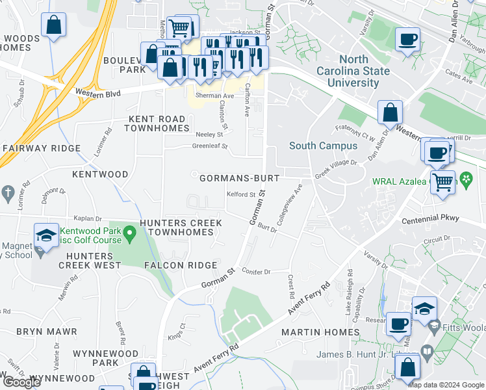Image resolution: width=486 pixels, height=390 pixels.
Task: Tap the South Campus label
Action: (x=323, y=146)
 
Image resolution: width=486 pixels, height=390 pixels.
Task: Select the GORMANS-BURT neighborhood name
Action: (x=239, y=177)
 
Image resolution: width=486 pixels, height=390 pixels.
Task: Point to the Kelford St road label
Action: (x=241, y=194)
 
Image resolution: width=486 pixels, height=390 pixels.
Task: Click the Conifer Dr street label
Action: (x=255, y=270)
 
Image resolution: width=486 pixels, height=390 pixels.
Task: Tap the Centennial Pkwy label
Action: (x=429, y=220)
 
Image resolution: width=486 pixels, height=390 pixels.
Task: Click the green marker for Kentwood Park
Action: (x=129, y=231)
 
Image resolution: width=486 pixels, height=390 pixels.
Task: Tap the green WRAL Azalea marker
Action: (x=466, y=177)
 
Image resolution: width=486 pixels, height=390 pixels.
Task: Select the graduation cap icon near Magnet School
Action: (x=46, y=235)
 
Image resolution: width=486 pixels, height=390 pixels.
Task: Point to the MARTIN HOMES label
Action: (x=320, y=332)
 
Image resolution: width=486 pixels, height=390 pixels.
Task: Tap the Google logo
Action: (x=21, y=382)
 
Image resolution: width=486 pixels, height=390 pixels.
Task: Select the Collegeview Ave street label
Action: (x=290, y=204)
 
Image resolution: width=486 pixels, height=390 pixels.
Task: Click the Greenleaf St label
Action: (x=210, y=147)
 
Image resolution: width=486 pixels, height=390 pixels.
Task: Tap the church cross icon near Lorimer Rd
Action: (x=8, y=192)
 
